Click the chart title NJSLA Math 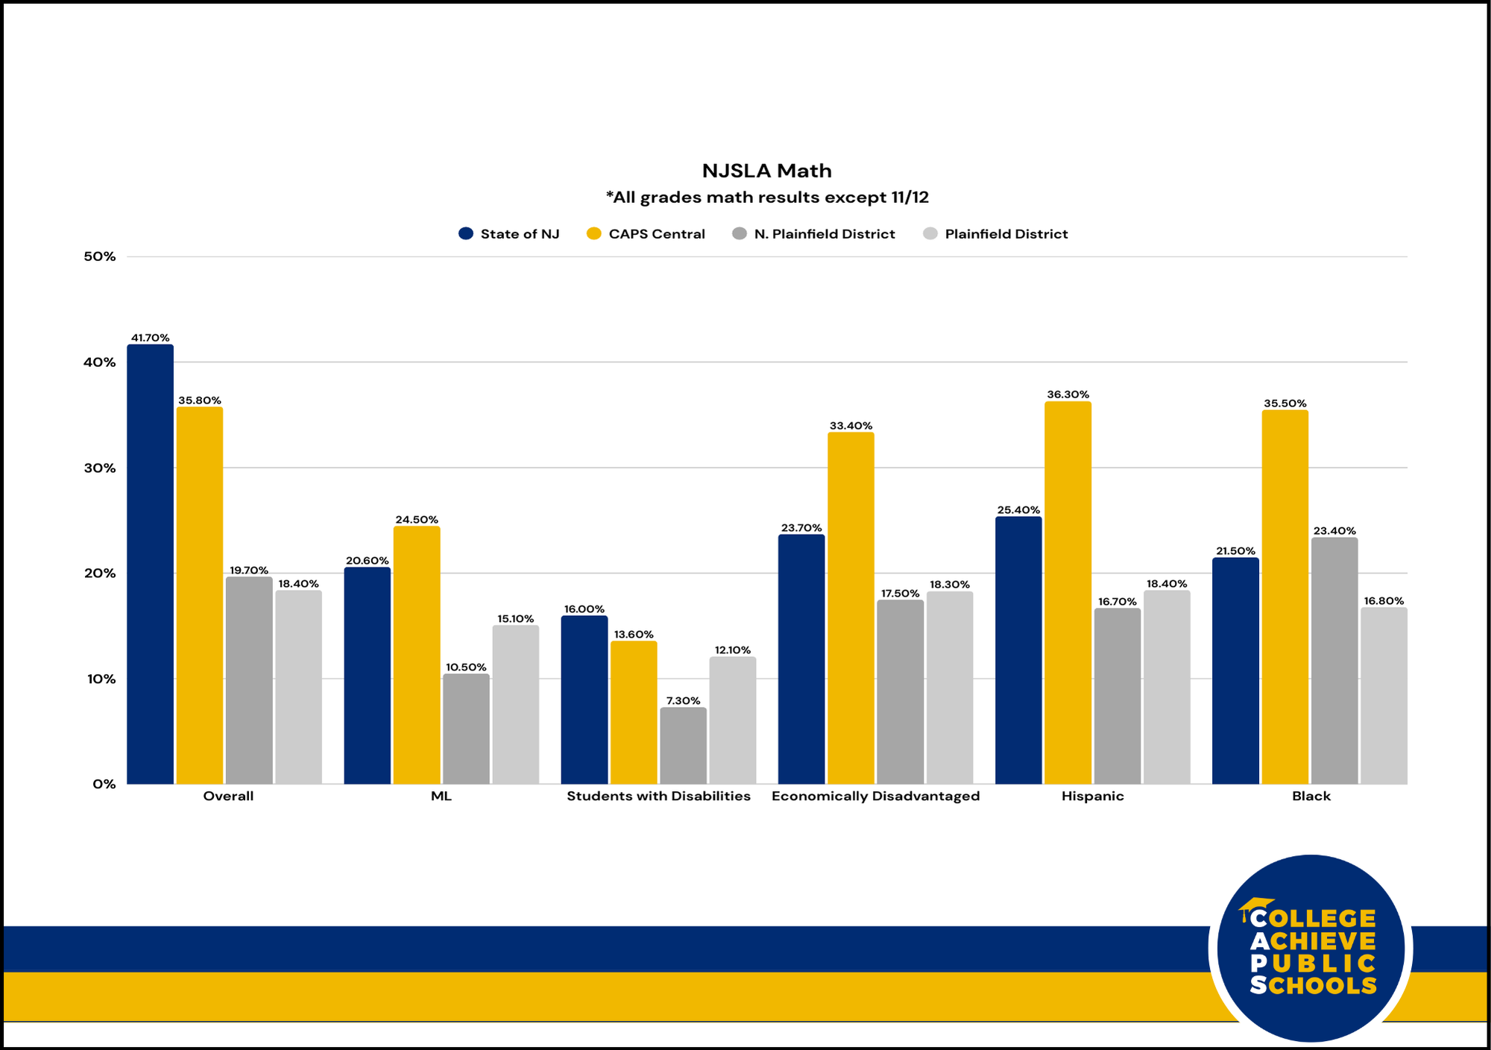(766, 171)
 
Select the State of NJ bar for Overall (150, 565)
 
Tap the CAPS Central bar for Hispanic (1068, 593)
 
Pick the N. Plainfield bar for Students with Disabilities (683, 746)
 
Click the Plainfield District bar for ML (515, 705)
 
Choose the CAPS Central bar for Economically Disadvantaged (851, 609)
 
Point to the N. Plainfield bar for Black (1334, 661)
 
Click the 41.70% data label (150, 338)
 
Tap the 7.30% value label (683, 701)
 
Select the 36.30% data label (1068, 394)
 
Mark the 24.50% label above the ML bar (416, 520)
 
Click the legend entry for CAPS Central (646, 234)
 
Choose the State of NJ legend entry (509, 234)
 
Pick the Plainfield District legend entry (995, 234)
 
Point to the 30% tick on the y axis (100, 468)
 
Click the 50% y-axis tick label (100, 257)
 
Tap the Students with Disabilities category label (658, 796)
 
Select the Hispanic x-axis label (1092, 796)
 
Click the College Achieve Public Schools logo (1311, 949)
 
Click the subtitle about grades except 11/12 (766, 198)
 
